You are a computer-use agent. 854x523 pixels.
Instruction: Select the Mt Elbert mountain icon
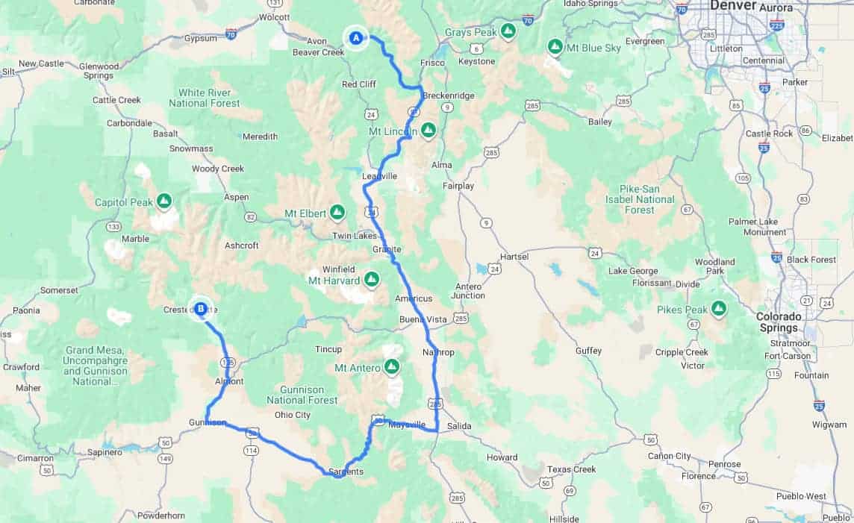pyautogui.click(x=337, y=213)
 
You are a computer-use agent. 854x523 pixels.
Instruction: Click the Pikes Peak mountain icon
pyautogui.click(x=719, y=308)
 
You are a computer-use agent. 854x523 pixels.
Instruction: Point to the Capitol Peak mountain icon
pyautogui.click(x=164, y=201)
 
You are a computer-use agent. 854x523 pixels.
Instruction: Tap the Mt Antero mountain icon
pyautogui.click(x=391, y=367)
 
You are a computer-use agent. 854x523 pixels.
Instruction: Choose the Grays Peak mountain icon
pyautogui.click(x=508, y=31)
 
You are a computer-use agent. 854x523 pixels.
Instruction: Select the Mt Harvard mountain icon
pyautogui.click(x=371, y=281)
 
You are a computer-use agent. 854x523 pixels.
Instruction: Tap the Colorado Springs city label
pyautogui.click(x=778, y=322)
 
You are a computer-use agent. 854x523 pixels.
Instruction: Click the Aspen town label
pyautogui.click(x=237, y=197)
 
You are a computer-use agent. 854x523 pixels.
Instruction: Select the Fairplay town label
pyautogui.click(x=458, y=185)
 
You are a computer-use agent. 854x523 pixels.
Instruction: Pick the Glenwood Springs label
pyautogui.click(x=99, y=71)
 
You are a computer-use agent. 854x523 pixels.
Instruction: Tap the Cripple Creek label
pyautogui.click(x=679, y=352)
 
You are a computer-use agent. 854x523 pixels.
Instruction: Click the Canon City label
pyautogui.click(x=670, y=456)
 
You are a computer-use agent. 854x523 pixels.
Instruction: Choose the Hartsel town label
pyautogui.click(x=514, y=257)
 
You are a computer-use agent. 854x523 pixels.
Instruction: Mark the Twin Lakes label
pyautogui.click(x=355, y=236)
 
